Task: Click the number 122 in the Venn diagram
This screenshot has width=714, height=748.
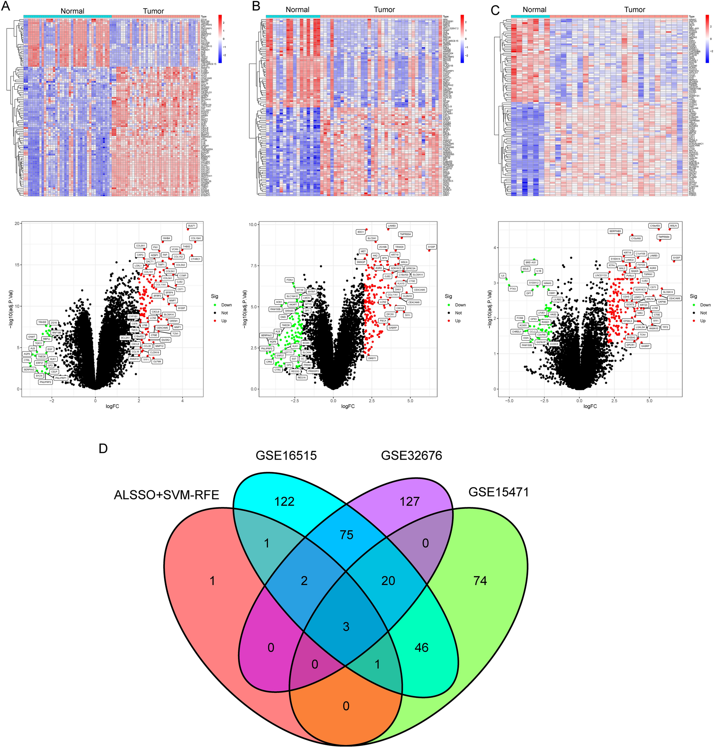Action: [x=284, y=502]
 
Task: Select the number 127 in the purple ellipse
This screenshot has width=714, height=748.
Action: [x=409, y=502]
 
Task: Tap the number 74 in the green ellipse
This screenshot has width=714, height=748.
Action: [x=480, y=581]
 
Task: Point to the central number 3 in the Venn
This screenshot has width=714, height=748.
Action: [x=345, y=626]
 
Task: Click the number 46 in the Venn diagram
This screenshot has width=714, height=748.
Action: [x=421, y=648]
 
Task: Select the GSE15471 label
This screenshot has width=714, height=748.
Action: [x=498, y=492]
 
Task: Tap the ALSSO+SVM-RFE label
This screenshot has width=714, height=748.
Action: [x=166, y=495]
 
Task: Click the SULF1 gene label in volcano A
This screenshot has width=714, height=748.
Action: [x=191, y=226]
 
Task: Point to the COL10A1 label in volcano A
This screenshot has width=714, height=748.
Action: [x=196, y=239]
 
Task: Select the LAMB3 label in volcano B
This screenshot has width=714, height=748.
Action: [x=392, y=226]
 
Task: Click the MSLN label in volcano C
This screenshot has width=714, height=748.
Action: [x=673, y=226]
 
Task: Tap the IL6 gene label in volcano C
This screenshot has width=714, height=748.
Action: [x=502, y=275]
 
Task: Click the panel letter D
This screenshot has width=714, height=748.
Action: [x=103, y=449]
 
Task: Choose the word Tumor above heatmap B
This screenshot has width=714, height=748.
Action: [x=384, y=10]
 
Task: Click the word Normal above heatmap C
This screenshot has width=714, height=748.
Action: [x=534, y=10]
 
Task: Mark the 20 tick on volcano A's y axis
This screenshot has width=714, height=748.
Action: [x=17, y=223]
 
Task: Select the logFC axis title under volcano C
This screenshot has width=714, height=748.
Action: [x=589, y=406]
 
